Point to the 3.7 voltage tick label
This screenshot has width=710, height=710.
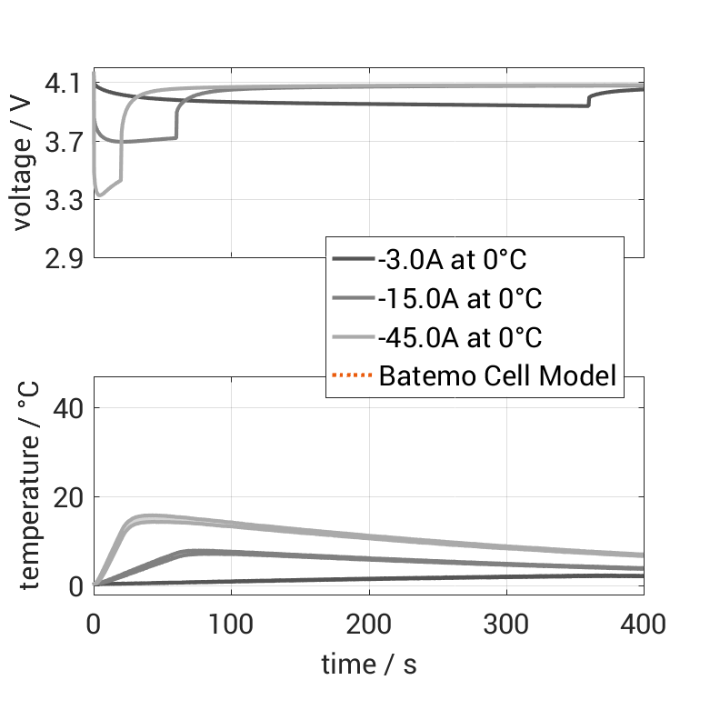coord(63,142)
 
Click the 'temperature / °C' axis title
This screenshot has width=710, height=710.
coord(27,484)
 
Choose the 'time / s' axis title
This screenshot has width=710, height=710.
coord(368,665)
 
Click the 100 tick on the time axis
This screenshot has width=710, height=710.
coord(231,624)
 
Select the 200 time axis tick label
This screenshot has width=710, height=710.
coord(368,624)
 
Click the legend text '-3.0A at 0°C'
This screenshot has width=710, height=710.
coord(453,261)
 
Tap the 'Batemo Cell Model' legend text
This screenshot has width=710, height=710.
coord(499,375)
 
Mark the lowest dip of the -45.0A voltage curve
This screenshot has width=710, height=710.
coord(99,195)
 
